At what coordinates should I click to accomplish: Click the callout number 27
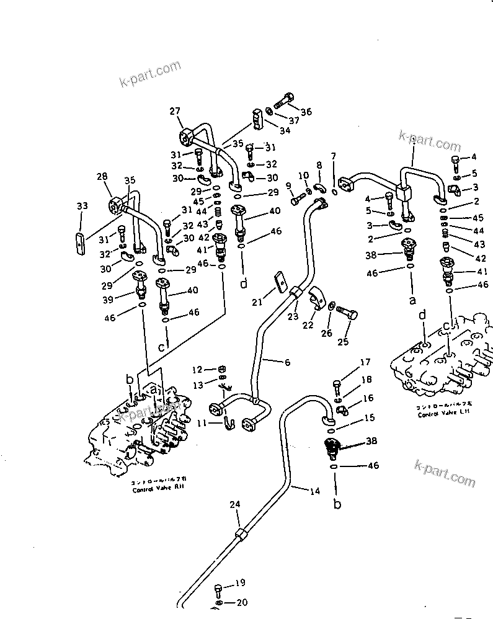(175, 111)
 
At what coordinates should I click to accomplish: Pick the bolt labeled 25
(348, 316)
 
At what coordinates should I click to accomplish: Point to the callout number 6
(286, 362)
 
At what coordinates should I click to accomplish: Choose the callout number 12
(197, 370)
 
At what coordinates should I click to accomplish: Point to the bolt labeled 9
(296, 200)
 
